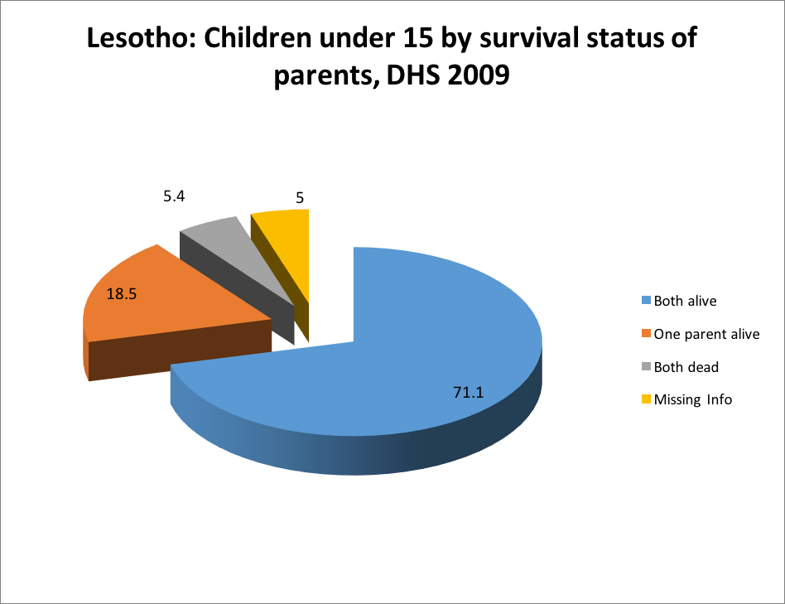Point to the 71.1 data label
pos(468,393)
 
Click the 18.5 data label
pos(121,292)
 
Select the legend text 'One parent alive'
pos(706,334)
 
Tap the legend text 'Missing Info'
pos(693,399)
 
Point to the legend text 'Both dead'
pos(686,366)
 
